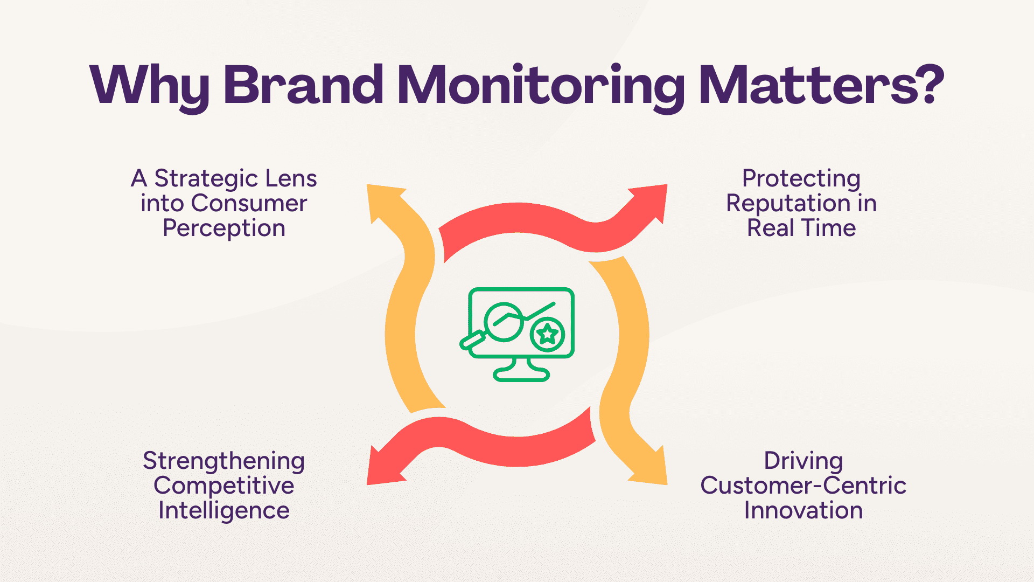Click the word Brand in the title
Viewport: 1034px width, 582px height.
(x=303, y=85)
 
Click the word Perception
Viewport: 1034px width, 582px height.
(x=224, y=228)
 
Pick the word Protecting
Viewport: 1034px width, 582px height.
(x=801, y=179)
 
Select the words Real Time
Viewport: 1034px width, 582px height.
(x=801, y=228)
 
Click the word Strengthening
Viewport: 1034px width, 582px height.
(x=224, y=461)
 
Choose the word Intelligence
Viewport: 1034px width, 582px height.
(x=224, y=511)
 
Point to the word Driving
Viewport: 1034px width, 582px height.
(x=803, y=461)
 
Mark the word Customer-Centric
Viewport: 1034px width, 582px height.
(x=803, y=486)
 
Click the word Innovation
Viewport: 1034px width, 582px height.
(x=803, y=511)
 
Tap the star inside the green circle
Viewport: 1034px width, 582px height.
(x=548, y=335)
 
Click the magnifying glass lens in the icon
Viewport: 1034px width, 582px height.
(x=504, y=322)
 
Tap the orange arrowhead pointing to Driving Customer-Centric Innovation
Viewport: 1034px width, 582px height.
(x=650, y=466)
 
